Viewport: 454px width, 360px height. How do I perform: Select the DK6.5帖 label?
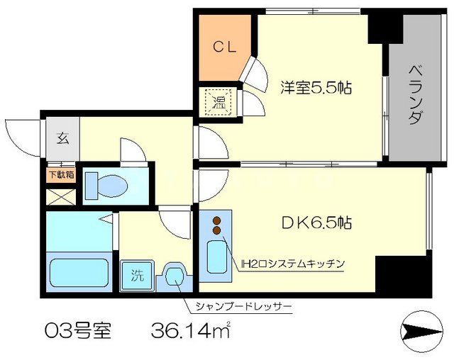coord(316,223)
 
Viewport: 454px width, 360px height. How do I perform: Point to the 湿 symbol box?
coord(214,101)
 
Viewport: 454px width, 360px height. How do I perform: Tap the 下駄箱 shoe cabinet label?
coord(61,174)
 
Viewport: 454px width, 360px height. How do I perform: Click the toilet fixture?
coord(107,186)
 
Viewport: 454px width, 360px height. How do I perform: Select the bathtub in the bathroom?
coord(78,273)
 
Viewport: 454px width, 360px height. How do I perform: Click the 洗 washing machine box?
coord(135,275)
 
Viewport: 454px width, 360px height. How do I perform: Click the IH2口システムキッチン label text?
coord(292,264)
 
